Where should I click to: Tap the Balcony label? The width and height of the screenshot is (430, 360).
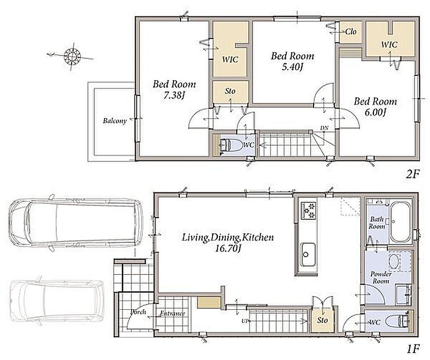pos(115,121)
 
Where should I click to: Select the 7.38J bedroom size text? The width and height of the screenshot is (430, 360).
pos(174,95)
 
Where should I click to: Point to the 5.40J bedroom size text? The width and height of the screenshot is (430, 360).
pos(292,67)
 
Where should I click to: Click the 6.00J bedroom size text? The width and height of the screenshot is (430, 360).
pos(375,112)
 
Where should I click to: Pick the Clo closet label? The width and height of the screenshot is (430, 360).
pos(351,32)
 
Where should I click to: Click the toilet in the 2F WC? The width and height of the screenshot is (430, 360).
pos(231,145)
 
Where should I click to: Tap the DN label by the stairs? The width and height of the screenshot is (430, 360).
pos(324,128)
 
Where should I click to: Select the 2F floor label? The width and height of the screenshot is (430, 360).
pos(413,174)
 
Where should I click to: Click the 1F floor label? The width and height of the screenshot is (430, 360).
pos(413,350)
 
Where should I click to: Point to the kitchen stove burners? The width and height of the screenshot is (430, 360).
pos(309,210)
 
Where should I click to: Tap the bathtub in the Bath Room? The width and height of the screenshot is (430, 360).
pos(401,222)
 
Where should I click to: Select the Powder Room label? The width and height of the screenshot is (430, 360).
pos(381,277)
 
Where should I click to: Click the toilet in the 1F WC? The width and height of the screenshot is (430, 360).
pos(397,322)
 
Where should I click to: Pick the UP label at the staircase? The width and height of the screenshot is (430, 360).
pos(245,321)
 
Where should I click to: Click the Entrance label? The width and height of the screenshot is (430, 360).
pos(173,313)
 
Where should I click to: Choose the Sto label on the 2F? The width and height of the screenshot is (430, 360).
pos(230,91)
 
